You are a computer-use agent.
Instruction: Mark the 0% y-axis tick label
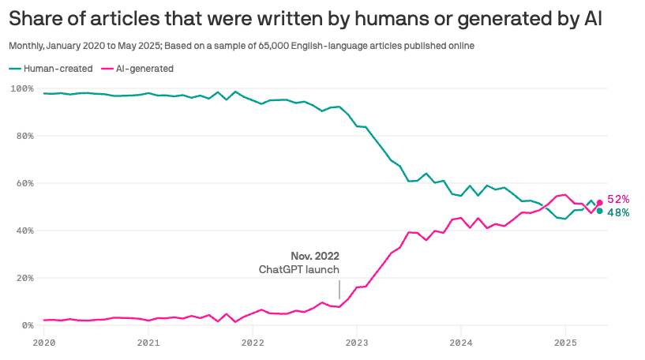[25, 325]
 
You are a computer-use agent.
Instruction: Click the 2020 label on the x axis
[44, 343]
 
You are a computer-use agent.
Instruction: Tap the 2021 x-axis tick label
[148, 343]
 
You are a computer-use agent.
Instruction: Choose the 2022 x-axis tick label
[253, 343]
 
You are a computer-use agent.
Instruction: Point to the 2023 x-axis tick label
[357, 343]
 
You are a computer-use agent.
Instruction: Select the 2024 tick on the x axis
[461, 343]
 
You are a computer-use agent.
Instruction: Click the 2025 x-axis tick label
[565, 343]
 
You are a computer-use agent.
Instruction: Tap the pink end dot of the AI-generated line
[599, 203]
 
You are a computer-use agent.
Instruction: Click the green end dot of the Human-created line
[599, 211]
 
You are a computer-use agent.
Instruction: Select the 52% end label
[618, 200]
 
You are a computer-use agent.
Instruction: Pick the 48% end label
[618, 213]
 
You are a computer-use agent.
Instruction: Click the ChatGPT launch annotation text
[299, 269]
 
